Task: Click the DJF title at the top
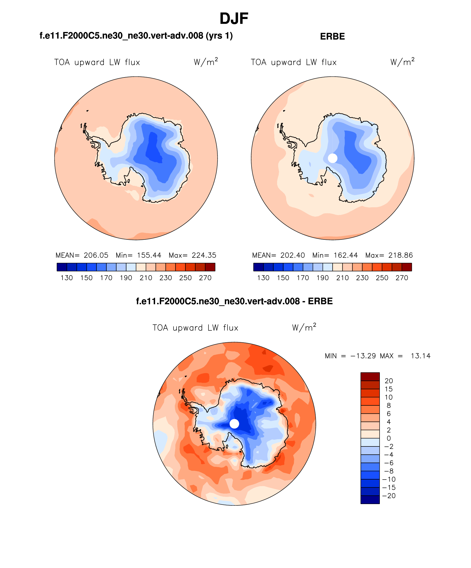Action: (x=234, y=19)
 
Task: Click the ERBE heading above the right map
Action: (x=332, y=36)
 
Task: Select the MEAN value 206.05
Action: (x=96, y=255)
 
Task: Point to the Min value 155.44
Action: (x=149, y=255)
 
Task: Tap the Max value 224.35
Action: (x=204, y=255)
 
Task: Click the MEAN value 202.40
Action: (x=293, y=255)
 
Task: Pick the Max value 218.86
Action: (x=400, y=255)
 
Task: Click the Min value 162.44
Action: (x=346, y=255)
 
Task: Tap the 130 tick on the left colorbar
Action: (x=67, y=278)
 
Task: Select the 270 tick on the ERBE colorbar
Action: (x=402, y=278)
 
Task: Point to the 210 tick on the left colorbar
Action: (x=146, y=278)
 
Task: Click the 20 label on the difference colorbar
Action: (x=389, y=381)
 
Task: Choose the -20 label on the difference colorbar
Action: (x=389, y=496)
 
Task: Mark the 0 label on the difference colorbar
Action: (x=389, y=438)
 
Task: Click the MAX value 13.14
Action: (x=420, y=356)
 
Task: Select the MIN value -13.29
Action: (x=363, y=356)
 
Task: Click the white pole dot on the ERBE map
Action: (x=332, y=158)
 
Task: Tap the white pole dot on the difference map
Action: (x=234, y=424)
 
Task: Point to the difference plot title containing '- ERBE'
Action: (x=234, y=301)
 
